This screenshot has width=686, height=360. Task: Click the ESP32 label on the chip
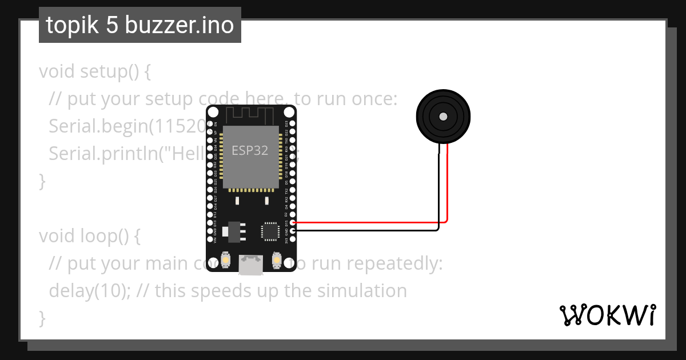pyautogui.click(x=250, y=150)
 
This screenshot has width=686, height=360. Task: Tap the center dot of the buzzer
pyautogui.click(x=443, y=117)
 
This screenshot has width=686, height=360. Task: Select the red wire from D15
pyautogui.click(x=372, y=222)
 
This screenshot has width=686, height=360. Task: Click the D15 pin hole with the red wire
pyautogui.click(x=293, y=222)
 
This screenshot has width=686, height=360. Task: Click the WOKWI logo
pyautogui.click(x=607, y=315)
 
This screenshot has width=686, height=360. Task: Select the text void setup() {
pyautogui.click(x=95, y=72)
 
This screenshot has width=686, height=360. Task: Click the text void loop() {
pyautogui.click(x=89, y=235)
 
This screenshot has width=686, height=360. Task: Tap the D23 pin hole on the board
pyautogui.click(x=293, y=123)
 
